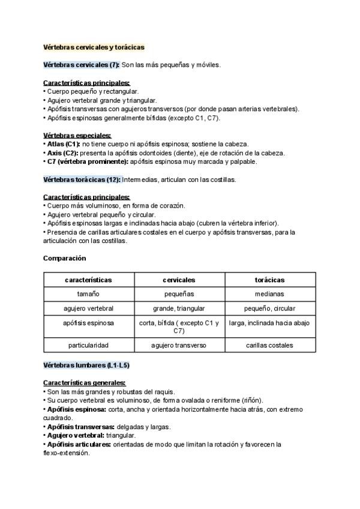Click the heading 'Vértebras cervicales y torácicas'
(x=94, y=47)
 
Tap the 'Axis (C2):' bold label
(x=61, y=153)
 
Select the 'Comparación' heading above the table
(x=65, y=258)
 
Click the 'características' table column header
(x=89, y=280)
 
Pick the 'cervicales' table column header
(x=179, y=280)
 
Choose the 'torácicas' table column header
(x=269, y=280)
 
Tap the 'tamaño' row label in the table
(x=89, y=294)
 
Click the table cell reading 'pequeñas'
(x=179, y=294)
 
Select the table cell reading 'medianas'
(x=269, y=294)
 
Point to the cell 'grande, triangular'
(x=179, y=309)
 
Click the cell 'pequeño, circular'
(x=269, y=309)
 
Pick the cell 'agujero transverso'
(x=179, y=345)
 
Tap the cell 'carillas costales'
(x=269, y=345)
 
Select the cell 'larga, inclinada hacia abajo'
(x=269, y=323)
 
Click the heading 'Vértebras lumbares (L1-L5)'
(x=86, y=365)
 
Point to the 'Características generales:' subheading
(x=85, y=383)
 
